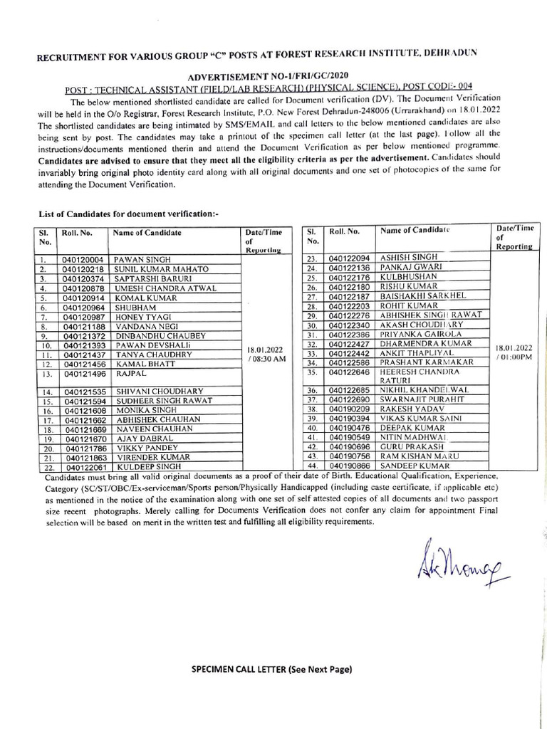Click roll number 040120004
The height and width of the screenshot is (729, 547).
point(83,260)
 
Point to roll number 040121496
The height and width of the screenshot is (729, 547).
point(83,373)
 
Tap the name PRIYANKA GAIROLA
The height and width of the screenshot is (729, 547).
point(421,333)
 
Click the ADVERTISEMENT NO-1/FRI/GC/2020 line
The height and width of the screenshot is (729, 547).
point(269,75)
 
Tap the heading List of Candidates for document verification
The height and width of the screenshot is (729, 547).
point(123,214)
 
